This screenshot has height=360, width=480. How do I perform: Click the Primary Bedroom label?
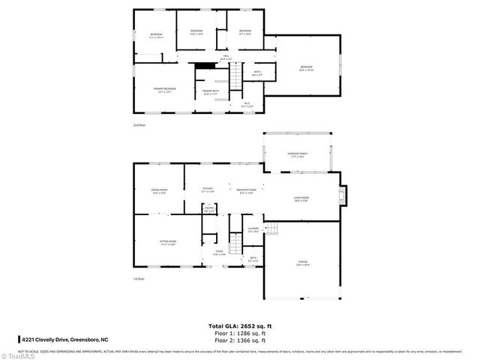pyautogui.click(x=164, y=90)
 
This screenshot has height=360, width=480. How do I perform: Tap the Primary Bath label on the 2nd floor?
pyautogui.click(x=210, y=92)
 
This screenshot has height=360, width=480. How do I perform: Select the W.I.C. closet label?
pyautogui.click(x=247, y=105)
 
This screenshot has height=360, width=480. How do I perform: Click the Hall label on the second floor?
pyautogui.click(x=226, y=57)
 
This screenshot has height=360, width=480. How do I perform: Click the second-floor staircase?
pyautogui.click(x=235, y=75)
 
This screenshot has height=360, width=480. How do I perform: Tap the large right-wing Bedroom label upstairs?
pyautogui.click(x=306, y=69)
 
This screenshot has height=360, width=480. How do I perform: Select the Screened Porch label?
pyautogui.click(x=298, y=154)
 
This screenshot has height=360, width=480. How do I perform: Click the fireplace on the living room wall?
pyautogui.click(x=343, y=196)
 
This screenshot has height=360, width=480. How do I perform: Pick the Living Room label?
pyautogui.click(x=301, y=199)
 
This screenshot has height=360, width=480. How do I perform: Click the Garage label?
pyautogui.click(x=302, y=262)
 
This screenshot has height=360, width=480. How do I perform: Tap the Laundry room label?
pyautogui.click(x=253, y=229)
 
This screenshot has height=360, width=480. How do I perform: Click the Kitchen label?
pyautogui.click(x=208, y=190)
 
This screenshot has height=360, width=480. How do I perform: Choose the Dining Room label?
pyautogui.click(x=158, y=192)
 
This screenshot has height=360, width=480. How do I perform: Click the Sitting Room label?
pyautogui.click(x=167, y=243)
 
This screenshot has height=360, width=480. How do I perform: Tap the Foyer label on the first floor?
pyautogui.click(x=219, y=253)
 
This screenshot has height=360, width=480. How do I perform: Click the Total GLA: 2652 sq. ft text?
pyautogui.click(x=239, y=325)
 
